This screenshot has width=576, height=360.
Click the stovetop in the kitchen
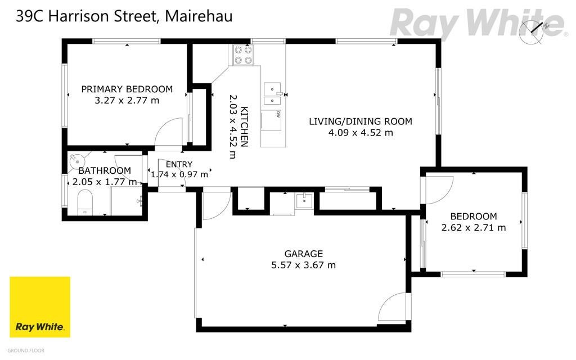[x=243, y=55]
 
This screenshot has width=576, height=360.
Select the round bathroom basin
[x=77, y=160]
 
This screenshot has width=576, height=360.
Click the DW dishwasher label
[x=278, y=115]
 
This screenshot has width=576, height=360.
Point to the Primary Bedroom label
[x=127, y=89]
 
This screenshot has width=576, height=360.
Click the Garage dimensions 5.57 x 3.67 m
[x=303, y=265]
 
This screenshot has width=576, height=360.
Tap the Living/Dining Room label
[x=361, y=121]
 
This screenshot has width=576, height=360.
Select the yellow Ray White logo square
[x=40, y=307]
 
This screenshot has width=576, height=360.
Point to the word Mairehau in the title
[x=199, y=16]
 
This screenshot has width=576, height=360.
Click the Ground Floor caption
[x=26, y=351]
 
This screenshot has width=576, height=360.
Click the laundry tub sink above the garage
[x=304, y=201]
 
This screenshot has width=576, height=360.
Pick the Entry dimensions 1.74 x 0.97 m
[x=179, y=174]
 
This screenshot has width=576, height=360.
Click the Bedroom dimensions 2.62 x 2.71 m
[x=474, y=228]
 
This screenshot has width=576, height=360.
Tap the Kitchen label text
[x=244, y=127]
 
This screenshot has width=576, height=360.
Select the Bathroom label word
[x=105, y=171]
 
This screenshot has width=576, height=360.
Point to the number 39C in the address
[x=29, y=16]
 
